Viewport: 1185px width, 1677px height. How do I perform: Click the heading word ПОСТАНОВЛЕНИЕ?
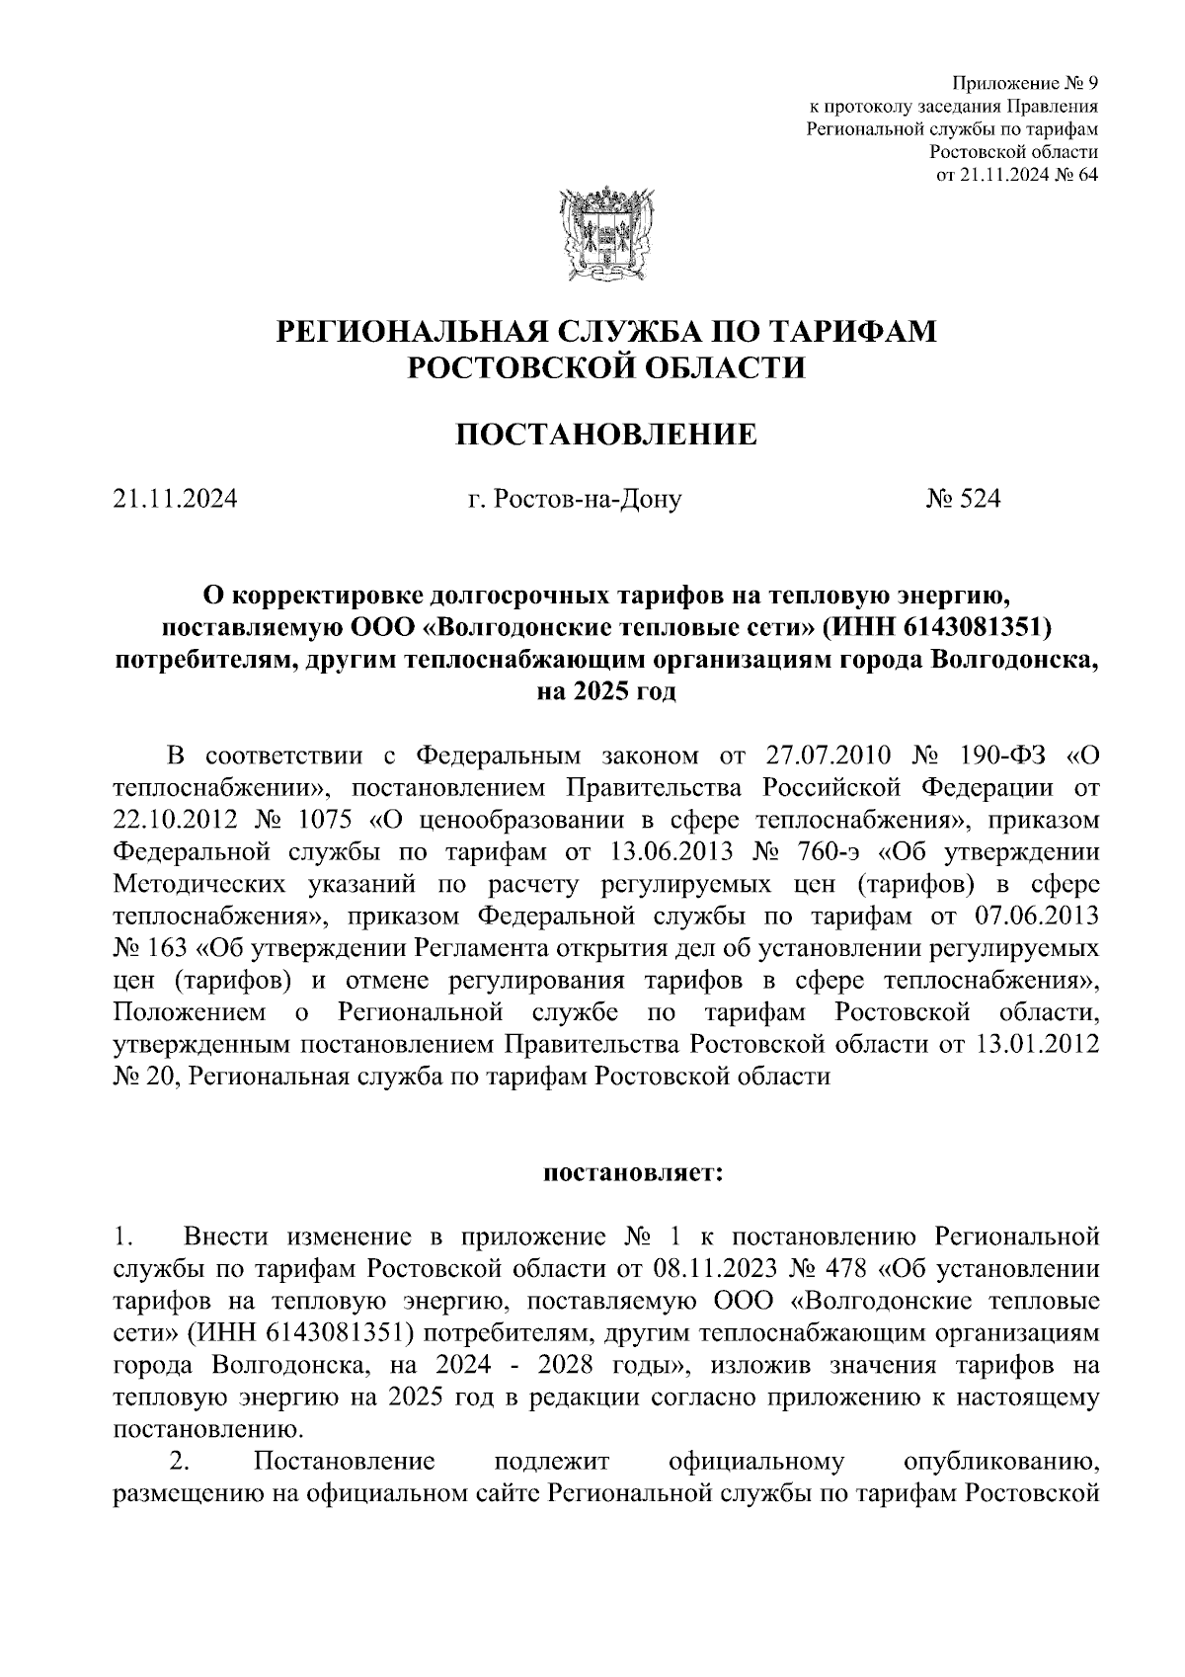tap(605, 434)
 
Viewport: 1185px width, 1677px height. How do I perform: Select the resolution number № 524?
tap(963, 500)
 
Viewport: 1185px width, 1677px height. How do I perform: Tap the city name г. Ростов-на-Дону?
tap(575, 501)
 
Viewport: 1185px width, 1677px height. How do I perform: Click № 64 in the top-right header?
tap(1073, 175)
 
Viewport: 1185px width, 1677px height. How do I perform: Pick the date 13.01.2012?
tap(1035, 1044)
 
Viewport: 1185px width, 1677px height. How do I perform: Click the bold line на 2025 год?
tap(605, 690)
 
